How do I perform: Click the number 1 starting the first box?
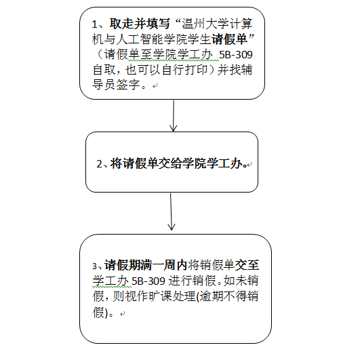[95, 24]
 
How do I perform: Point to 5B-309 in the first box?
[236, 55]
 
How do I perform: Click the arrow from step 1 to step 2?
[174, 116]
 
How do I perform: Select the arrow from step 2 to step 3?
[171, 212]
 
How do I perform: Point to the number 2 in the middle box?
[99, 164]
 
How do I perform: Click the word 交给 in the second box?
[170, 163]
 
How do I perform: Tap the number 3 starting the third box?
[95, 266]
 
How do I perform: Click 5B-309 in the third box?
[148, 281]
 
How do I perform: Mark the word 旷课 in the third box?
[161, 296]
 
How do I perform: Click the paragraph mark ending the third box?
[123, 314]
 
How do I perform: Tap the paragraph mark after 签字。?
[155, 86]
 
